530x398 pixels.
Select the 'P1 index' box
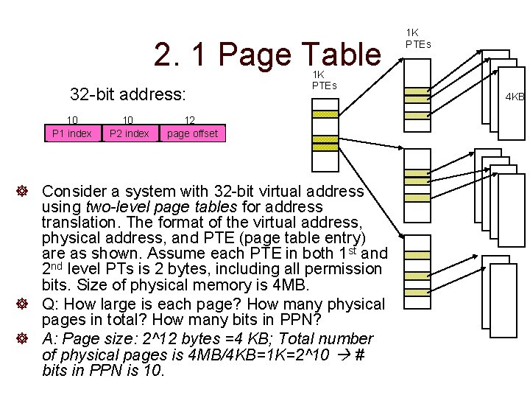pyautogui.click(x=72, y=133)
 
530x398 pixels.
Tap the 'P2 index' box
pyautogui.click(x=129, y=133)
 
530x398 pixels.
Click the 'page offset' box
pyautogui.click(x=191, y=133)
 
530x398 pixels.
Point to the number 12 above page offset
pyautogui.click(x=189, y=120)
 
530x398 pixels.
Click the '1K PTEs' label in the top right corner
pyautogui.click(x=412, y=38)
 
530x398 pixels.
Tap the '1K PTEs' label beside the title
pyautogui.click(x=324, y=80)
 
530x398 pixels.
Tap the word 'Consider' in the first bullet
pyautogui.click(x=77, y=192)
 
